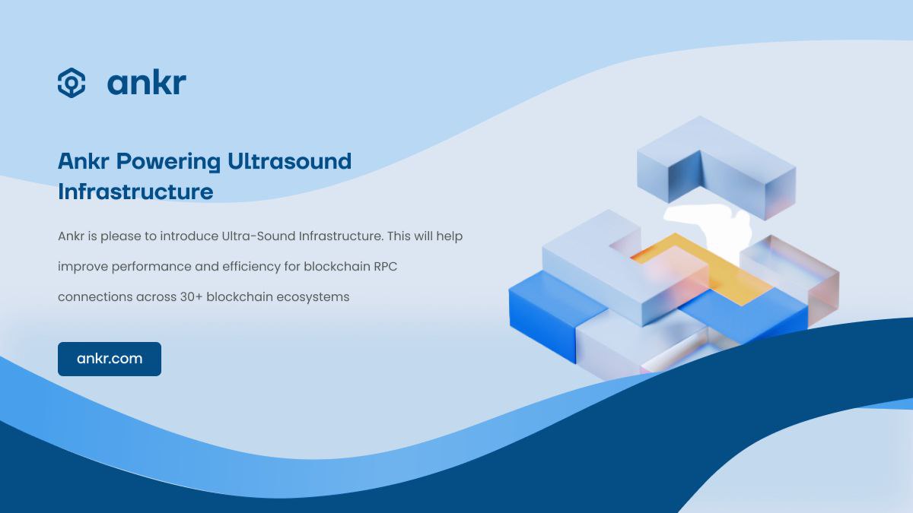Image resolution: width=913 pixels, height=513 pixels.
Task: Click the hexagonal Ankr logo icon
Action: (x=72, y=83)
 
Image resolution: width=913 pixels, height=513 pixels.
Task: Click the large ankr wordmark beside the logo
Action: (x=147, y=83)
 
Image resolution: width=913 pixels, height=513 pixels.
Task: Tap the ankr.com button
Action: (x=110, y=359)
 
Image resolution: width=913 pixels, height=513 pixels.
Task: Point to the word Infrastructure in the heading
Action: (x=135, y=192)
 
